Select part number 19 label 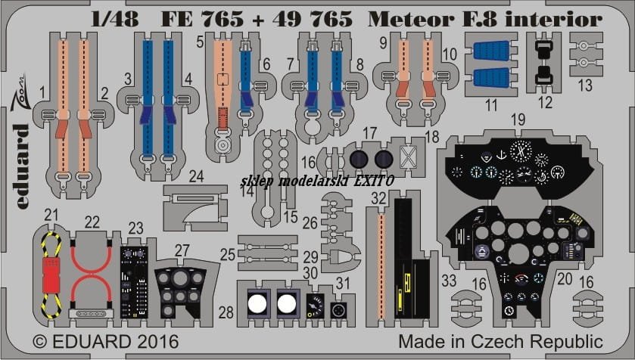518,119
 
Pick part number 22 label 92,222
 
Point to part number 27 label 182,251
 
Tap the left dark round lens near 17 357,159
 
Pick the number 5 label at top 200,42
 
